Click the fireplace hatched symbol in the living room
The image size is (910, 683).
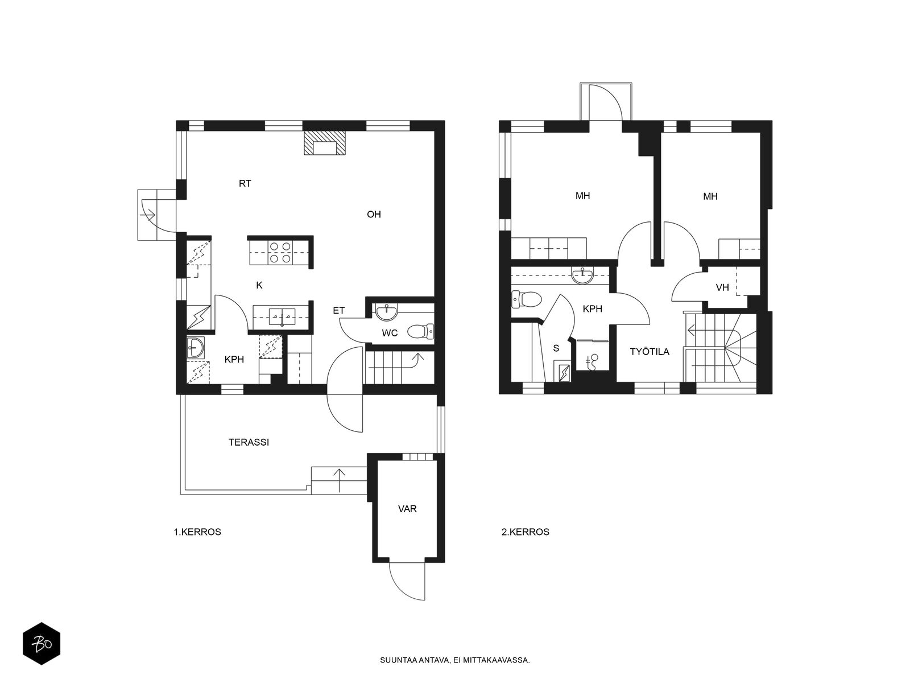[x=324, y=143]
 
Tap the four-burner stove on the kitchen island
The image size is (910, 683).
[x=280, y=253]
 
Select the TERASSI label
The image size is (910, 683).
[x=249, y=442]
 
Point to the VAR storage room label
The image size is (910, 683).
[x=407, y=509]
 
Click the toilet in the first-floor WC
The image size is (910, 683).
[x=420, y=331]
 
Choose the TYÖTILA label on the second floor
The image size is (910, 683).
[x=650, y=352]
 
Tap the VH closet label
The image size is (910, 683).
[x=722, y=287]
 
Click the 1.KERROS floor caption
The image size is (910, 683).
[x=197, y=532]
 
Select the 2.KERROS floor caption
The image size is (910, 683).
[x=526, y=532]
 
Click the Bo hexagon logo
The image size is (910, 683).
[x=42, y=644]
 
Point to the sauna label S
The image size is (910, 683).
[x=556, y=348]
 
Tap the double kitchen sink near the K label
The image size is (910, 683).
[x=282, y=317]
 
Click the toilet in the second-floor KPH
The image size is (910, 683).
[x=527, y=299]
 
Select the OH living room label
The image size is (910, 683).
[x=374, y=215]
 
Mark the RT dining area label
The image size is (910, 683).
[x=245, y=183]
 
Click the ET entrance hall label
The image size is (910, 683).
[x=339, y=310]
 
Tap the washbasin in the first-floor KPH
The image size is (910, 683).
[x=195, y=348]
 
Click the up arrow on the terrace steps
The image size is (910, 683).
[x=339, y=480]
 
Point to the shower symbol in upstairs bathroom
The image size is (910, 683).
[x=593, y=361]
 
